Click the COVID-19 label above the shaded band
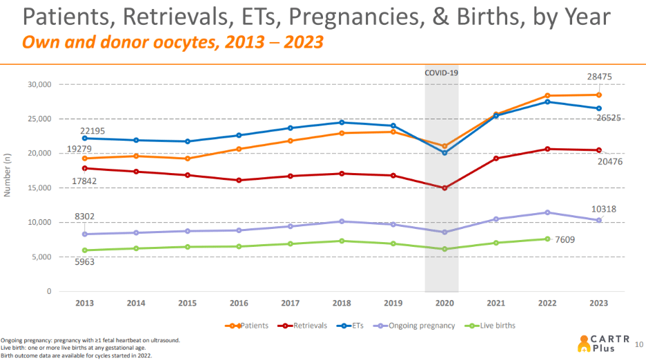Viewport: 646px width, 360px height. point(441,72)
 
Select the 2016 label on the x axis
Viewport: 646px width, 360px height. point(239,303)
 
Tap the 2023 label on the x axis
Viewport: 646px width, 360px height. point(598,303)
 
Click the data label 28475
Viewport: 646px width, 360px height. point(599,77)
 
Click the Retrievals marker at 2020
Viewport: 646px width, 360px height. point(444,188)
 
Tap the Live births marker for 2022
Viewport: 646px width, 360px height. point(547,239)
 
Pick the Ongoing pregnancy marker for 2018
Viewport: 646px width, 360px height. point(342,221)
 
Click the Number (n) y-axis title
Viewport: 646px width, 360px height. point(8,175)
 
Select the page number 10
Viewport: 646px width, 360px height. point(638,343)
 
